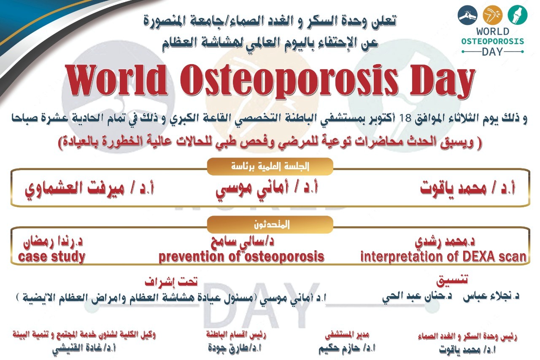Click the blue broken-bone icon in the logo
tap(468, 15)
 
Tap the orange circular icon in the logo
tap(492, 15)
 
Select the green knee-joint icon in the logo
tap(518, 15)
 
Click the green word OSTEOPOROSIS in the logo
tap(493, 41)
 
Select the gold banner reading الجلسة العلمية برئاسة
tap(270, 166)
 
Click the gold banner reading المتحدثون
tap(270, 225)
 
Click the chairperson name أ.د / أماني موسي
tap(267, 189)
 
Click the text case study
tap(51, 257)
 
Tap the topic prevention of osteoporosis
tap(241, 257)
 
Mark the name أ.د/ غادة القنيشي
tap(84, 349)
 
